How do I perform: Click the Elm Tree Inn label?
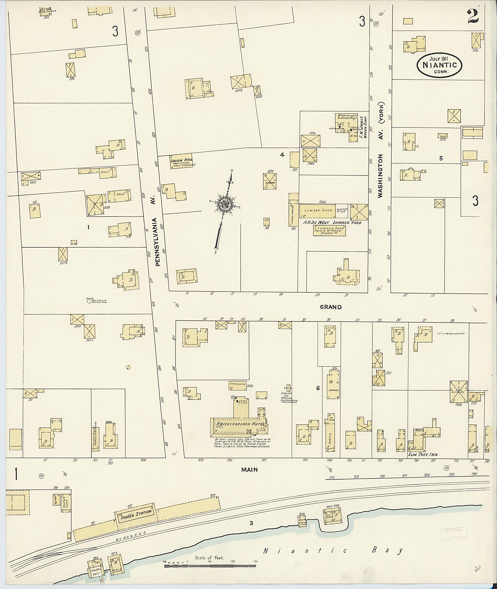coord(420,454)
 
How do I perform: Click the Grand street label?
coord(331,307)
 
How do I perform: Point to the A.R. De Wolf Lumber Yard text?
coord(332,222)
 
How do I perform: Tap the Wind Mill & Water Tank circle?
coord(89,301)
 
